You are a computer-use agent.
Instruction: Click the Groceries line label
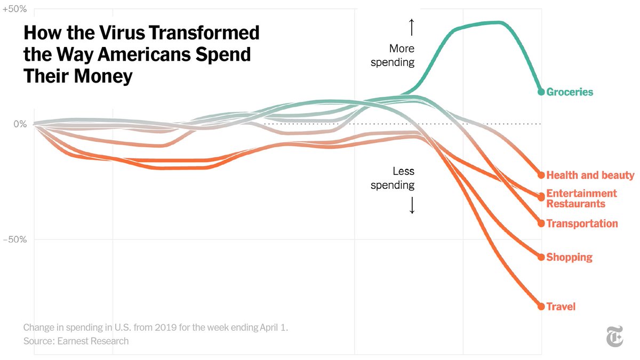pos(570,92)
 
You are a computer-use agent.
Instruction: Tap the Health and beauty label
pos(590,175)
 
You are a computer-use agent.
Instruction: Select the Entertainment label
pos(581,193)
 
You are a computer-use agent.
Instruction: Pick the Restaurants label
pos(576,204)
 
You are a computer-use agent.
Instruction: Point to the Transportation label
pos(582,223)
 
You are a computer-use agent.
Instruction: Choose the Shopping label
pos(569,257)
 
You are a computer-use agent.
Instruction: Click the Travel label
pos(561,307)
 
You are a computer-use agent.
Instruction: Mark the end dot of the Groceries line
pos(541,92)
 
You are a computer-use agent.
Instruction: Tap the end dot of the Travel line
pos(541,307)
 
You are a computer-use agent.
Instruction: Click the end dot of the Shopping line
pos(541,257)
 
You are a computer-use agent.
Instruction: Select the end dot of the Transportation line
pos(541,223)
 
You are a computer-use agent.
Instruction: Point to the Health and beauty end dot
pos(541,175)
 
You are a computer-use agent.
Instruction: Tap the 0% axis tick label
pos(20,124)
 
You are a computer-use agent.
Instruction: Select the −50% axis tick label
pos(15,239)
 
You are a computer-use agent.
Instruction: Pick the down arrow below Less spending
pos(411,205)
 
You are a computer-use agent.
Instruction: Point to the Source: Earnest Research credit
pos(76,340)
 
